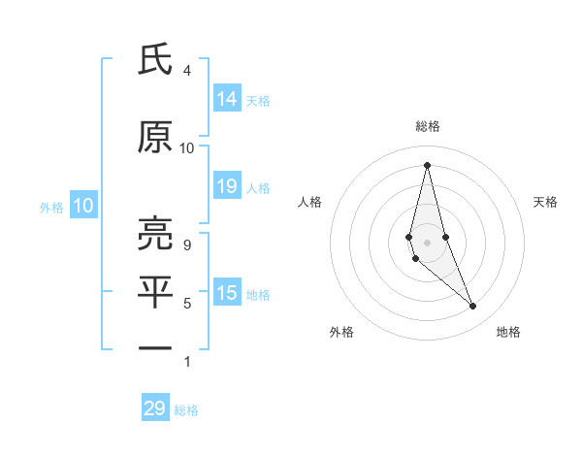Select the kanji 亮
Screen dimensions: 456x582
click(155, 233)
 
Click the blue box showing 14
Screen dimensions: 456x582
click(227, 99)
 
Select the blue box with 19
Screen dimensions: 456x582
click(227, 186)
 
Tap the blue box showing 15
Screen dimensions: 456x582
click(227, 293)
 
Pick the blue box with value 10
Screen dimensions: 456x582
click(82, 206)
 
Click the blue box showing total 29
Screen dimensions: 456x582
click(155, 408)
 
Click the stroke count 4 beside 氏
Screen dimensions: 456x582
click(187, 71)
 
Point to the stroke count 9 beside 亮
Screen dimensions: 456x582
click(187, 245)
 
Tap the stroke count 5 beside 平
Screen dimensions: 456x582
click(187, 304)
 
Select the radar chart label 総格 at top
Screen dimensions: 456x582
click(427, 126)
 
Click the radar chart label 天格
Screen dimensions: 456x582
click(545, 202)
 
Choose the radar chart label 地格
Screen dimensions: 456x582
click(508, 332)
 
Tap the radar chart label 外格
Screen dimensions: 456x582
click(341, 332)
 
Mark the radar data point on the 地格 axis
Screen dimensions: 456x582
click(473, 307)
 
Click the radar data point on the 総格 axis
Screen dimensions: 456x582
click(427, 164)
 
